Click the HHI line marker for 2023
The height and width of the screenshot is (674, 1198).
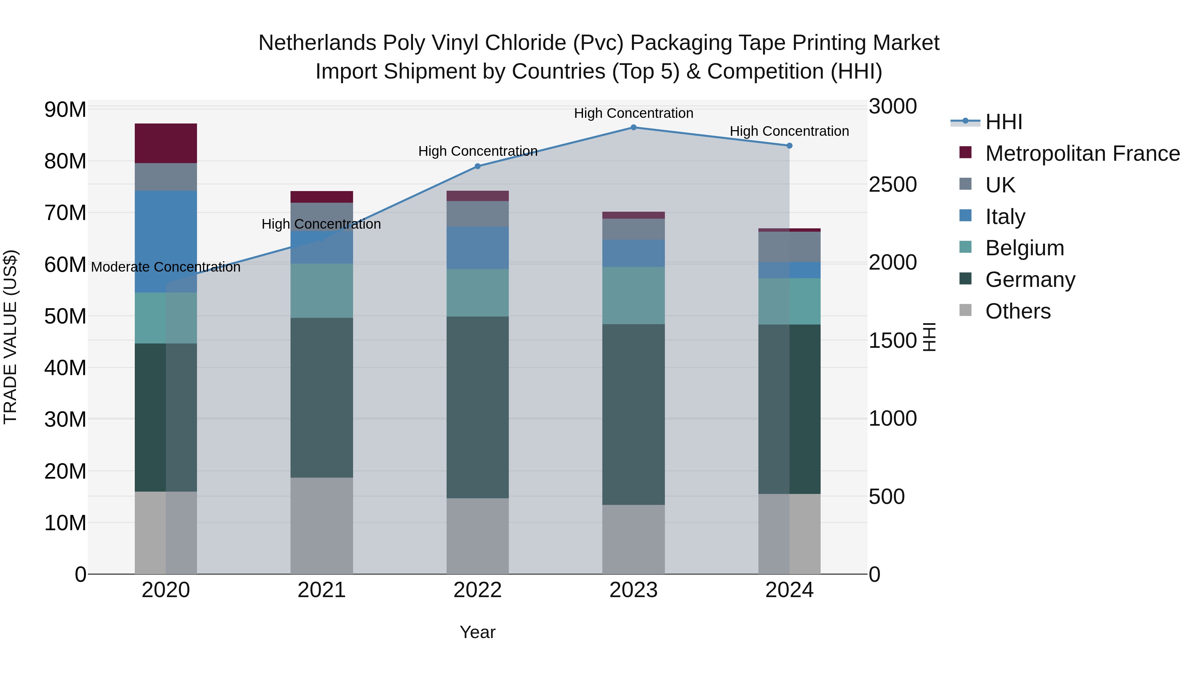(x=633, y=127)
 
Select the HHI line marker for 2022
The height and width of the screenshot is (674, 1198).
(x=478, y=166)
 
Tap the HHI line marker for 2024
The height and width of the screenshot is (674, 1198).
(x=789, y=145)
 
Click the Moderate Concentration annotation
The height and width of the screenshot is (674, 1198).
(x=166, y=267)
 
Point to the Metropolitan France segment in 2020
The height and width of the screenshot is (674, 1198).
(x=166, y=143)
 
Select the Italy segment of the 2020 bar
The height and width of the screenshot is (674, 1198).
(x=166, y=241)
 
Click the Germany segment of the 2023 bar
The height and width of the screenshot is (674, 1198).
(x=633, y=414)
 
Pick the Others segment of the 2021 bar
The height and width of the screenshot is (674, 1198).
(x=321, y=526)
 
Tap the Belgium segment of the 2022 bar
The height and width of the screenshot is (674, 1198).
(x=478, y=293)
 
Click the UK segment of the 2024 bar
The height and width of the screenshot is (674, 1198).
(x=789, y=247)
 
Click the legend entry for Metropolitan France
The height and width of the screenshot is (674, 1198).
(x=1082, y=153)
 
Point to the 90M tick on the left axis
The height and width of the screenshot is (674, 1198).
(x=65, y=110)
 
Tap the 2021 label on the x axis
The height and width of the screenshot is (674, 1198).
(x=321, y=590)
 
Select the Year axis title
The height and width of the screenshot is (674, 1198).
(x=478, y=632)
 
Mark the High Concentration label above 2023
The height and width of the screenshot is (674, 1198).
(x=633, y=113)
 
